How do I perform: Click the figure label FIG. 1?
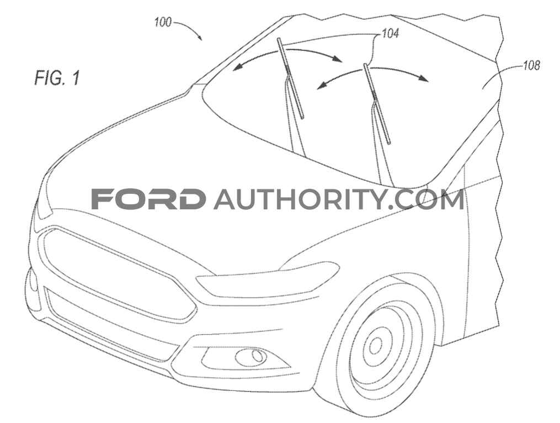coord(57,78)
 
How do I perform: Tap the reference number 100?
coord(162,22)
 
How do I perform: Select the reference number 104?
coord(390,34)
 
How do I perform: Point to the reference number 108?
coord(531,67)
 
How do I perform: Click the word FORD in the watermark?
coord(147,199)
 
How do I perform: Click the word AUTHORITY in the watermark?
coord(300,199)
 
